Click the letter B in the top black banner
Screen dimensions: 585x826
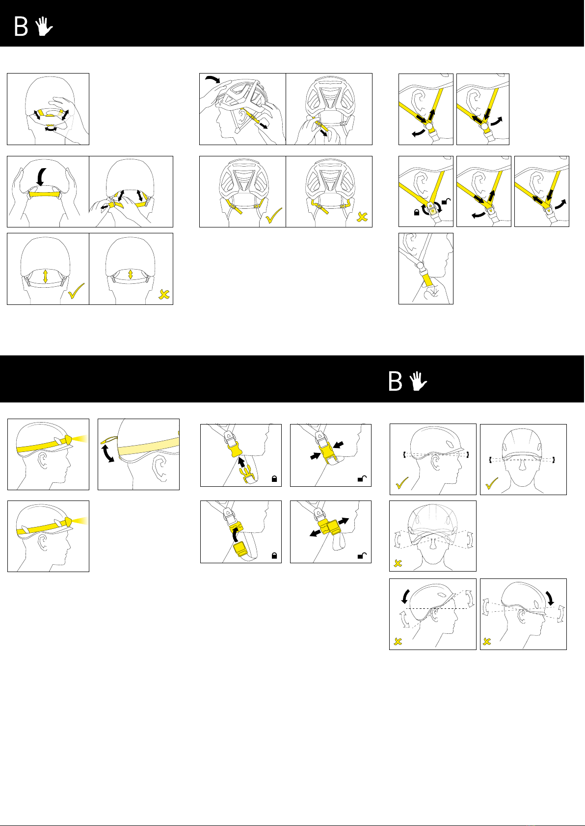click(x=21, y=26)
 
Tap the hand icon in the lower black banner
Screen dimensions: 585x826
click(x=418, y=381)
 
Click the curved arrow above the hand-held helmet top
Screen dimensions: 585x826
click(x=213, y=79)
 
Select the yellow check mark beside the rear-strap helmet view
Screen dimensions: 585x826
click(x=273, y=216)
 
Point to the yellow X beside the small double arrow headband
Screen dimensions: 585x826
click(x=164, y=294)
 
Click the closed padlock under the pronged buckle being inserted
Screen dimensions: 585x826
click(x=274, y=478)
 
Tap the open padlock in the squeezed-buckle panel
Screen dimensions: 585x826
click(x=362, y=478)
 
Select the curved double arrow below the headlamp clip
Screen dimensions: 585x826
click(x=108, y=453)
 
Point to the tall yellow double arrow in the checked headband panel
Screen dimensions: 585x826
click(x=46, y=276)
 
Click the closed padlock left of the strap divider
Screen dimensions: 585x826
click(x=417, y=212)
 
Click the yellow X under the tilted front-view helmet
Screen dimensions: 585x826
click(x=398, y=563)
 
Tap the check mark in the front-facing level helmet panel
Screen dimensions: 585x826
click(x=492, y=483)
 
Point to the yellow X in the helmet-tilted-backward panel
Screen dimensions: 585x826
click(x=398, y=641)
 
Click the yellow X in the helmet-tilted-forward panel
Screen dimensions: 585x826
click(x=487, y=641)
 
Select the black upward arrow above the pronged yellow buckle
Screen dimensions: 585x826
click(x=241, y=463)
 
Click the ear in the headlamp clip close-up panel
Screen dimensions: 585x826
click(x=160, y=468)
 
